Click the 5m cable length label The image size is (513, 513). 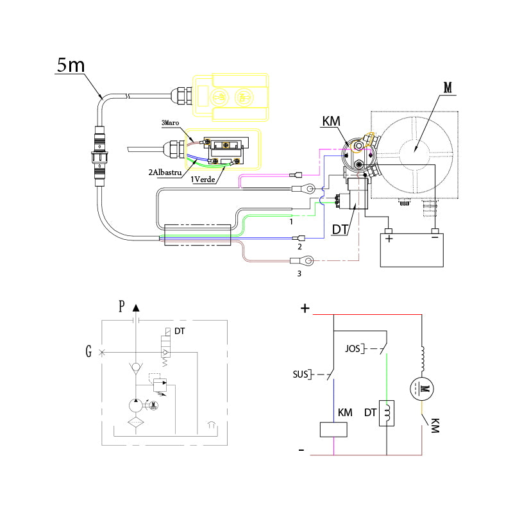coord(70,65)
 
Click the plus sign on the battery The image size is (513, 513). coord(389,242)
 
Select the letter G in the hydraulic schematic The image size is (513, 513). coord(88,351)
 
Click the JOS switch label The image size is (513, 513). coord(353,349)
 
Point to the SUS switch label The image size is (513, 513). coord(299,373)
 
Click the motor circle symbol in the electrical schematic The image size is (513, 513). coord(423,388)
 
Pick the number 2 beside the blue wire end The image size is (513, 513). coord(299,246)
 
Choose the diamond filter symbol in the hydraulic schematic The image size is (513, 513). coord(135,423)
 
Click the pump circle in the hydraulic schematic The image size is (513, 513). coord(135,405)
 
